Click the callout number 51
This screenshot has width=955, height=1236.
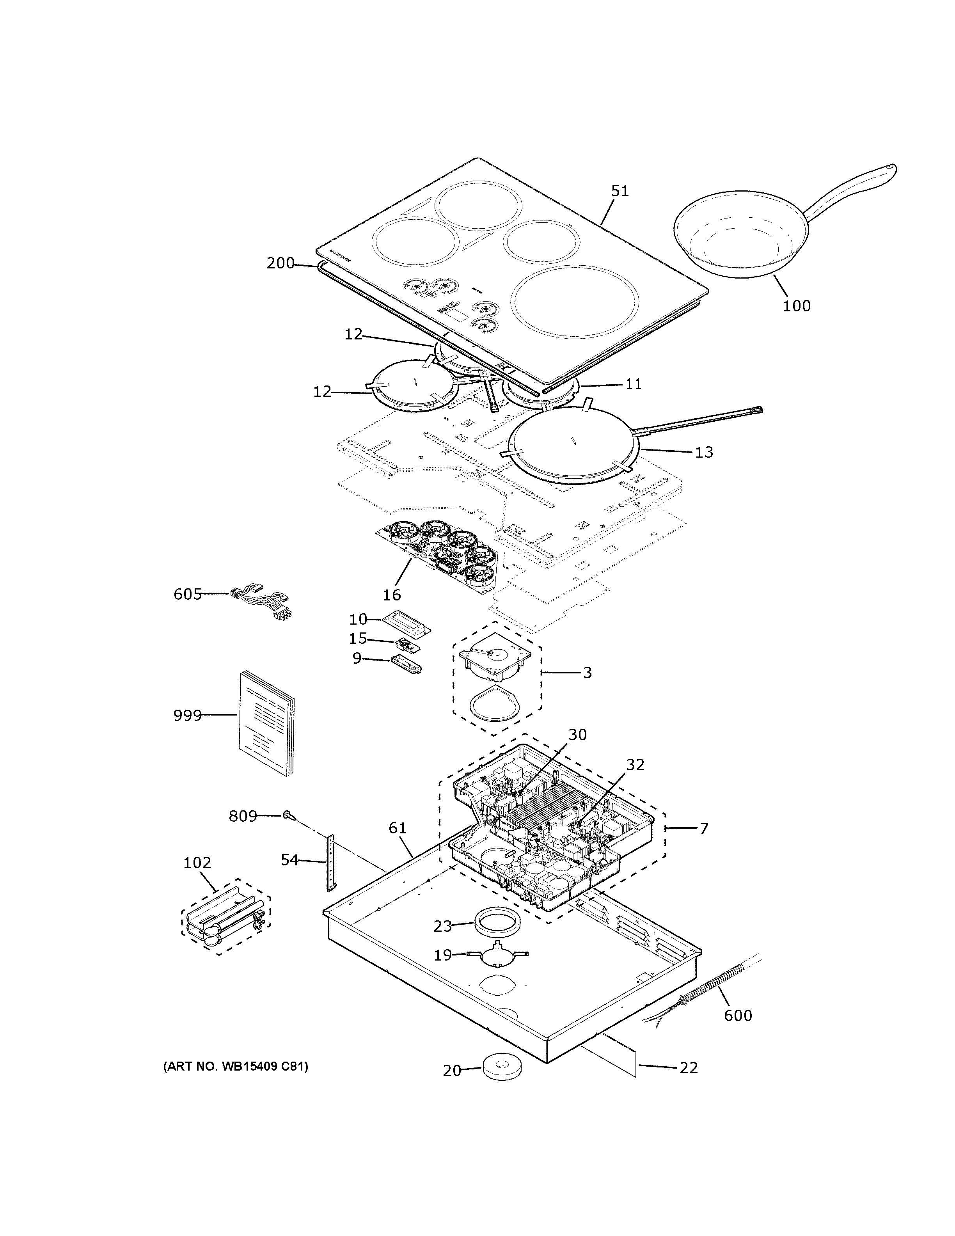pyautogui.click(x=620, y=191)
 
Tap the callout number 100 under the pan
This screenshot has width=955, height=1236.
pyautogui.click(x=797, y=306)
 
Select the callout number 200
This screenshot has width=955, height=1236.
pyautogui.click(x=280, y=263)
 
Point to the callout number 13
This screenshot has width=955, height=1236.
pyautogui.click(x=704, y=452)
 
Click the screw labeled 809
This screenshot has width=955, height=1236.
pyautogui.click(x=289, y=815)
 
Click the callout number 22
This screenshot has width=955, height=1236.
pyautogui.click(x=689, y=1068)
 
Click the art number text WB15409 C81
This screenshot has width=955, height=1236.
pyautogui.click(x=236, y=1067)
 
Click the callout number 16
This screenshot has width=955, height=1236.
pyautogui.click(x=392, y=595)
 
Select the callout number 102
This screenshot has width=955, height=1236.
pyautogui.click(x=197, y=863)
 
